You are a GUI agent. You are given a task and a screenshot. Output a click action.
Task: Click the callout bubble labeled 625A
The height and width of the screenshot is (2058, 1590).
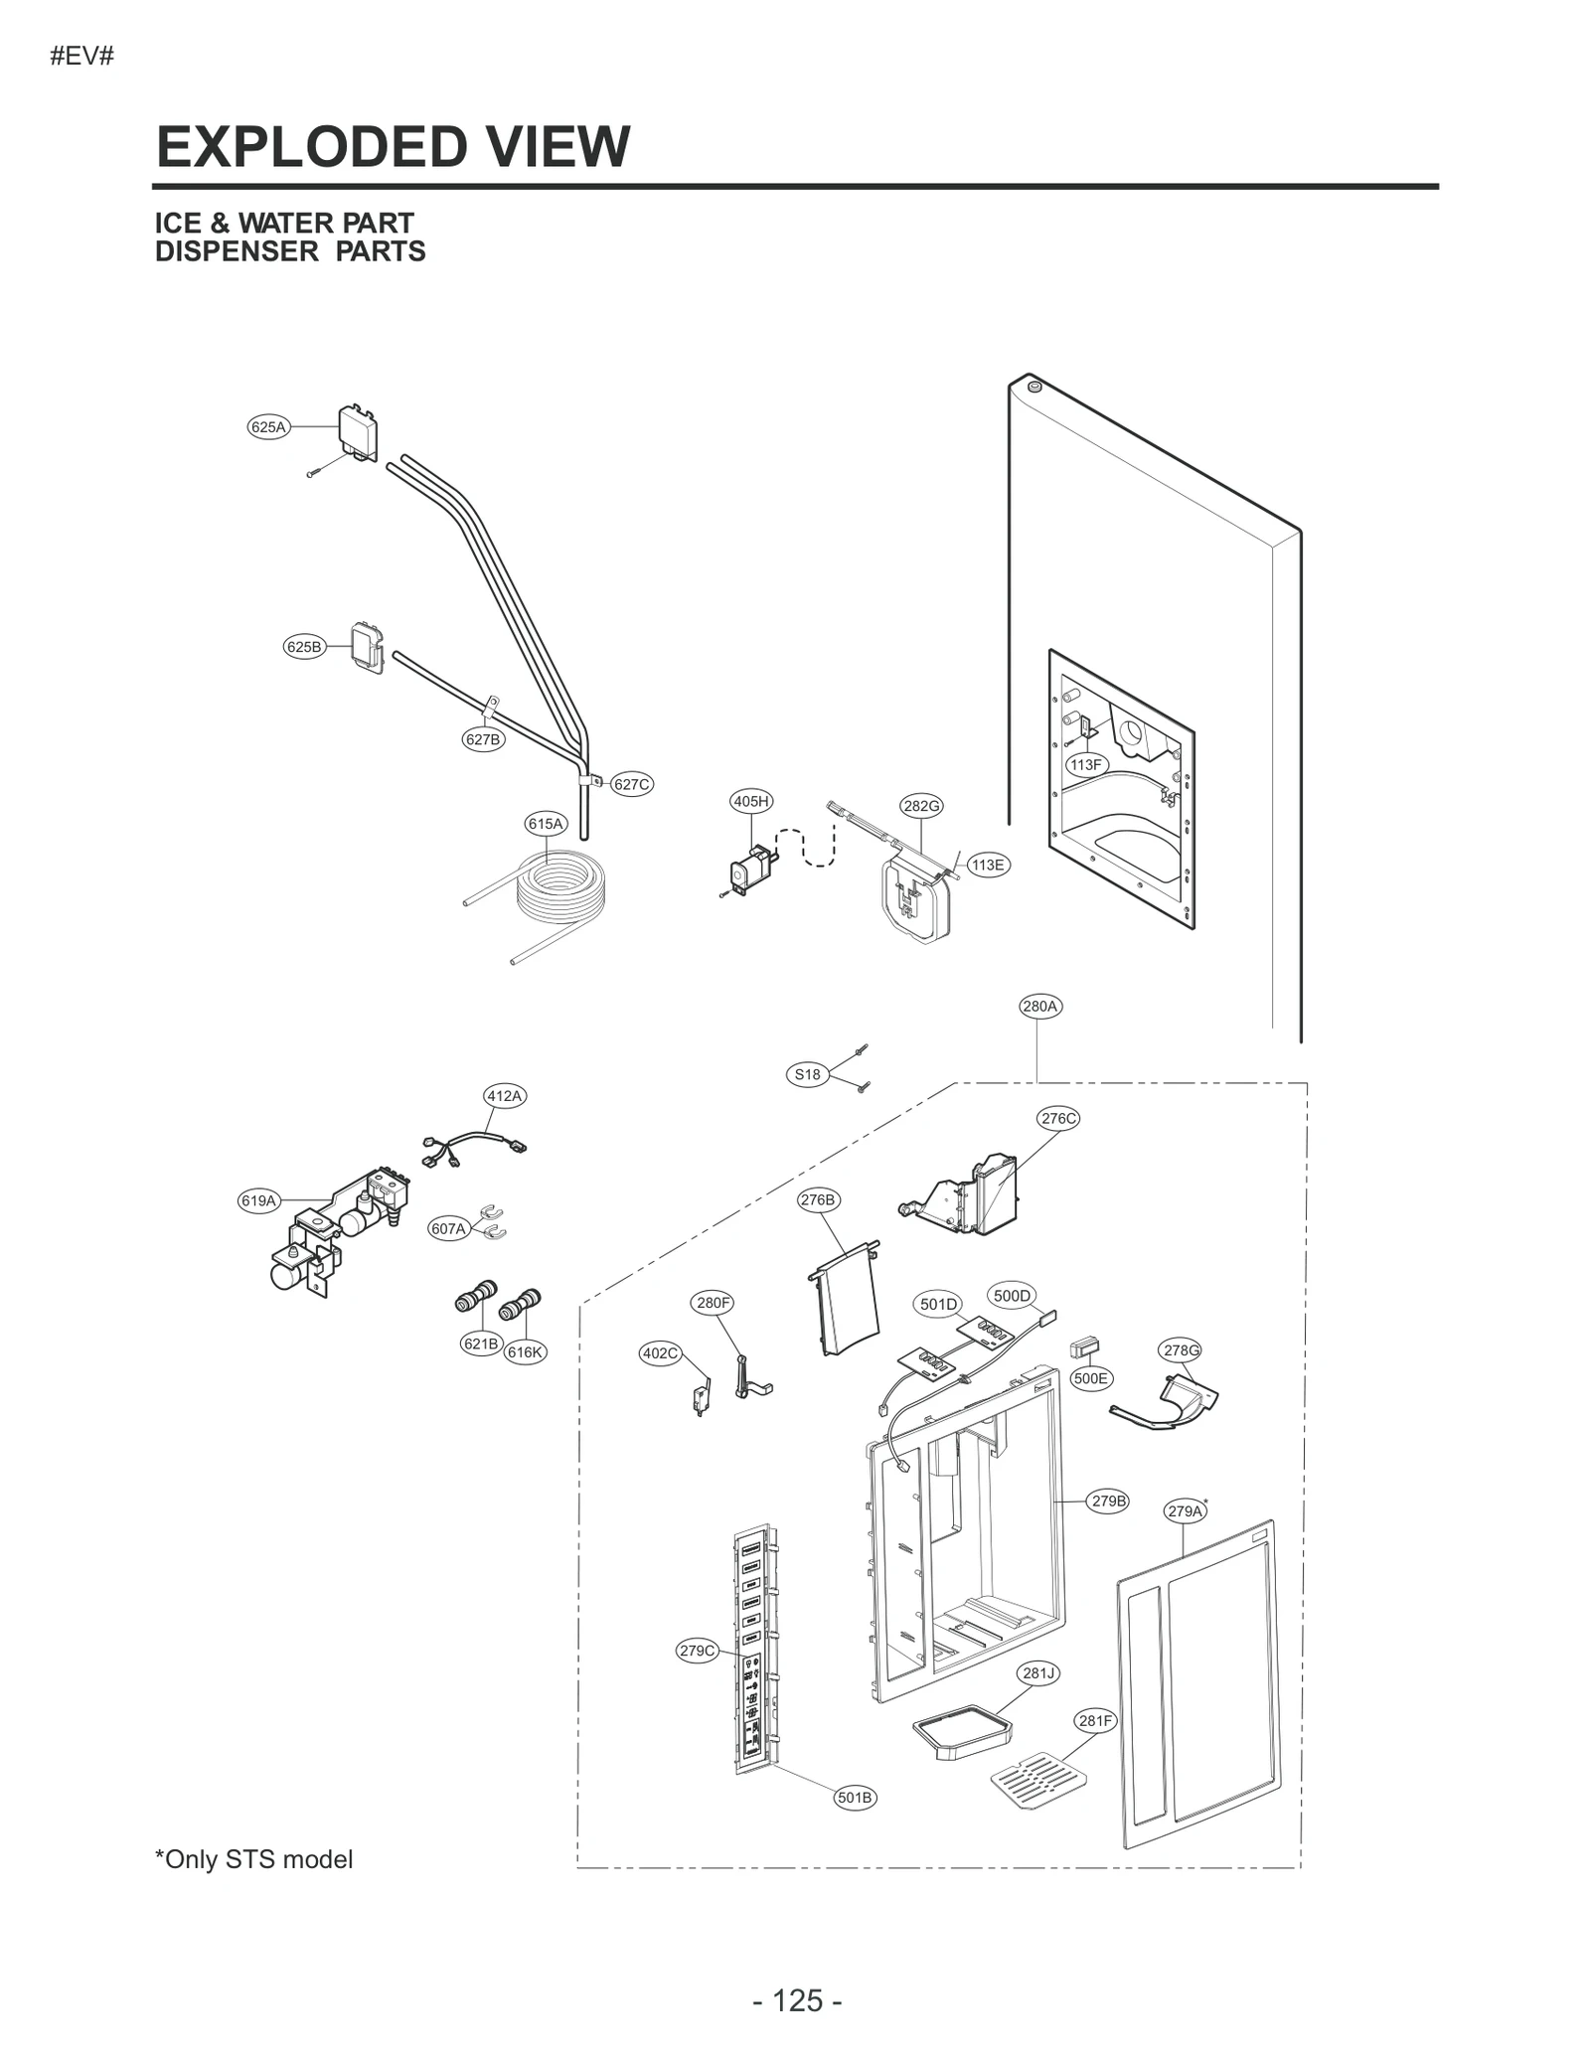pyautogui.click(x=267, y=427)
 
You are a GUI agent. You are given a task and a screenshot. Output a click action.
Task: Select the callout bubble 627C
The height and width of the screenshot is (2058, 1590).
pyautogui.click(x=631, y=784)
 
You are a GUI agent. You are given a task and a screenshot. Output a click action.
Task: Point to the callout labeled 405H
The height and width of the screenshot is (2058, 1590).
pyautogui.click(x=750, y=801)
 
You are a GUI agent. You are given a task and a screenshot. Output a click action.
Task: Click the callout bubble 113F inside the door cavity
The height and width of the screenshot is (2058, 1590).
pyautogui.click(x=1086, y=764)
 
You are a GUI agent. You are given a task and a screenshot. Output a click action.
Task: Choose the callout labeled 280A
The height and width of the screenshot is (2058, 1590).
pyautogui.click(x=1040, y=1006)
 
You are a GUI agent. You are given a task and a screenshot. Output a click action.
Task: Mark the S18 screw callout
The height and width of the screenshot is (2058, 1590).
pyautogui.click(x=808, y=1074)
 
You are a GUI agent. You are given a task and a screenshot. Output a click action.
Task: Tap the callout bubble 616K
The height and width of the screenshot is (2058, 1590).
pyautogui.click(x=525, y=1351)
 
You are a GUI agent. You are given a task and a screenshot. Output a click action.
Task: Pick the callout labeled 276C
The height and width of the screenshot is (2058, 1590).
pyautogui.click(x=1058, y=1118)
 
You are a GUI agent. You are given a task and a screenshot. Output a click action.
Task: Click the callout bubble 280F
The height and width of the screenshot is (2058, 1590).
pyautogui.click(x=713, y=1302)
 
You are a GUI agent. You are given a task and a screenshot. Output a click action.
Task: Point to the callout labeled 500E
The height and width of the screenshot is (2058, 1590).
pyautogui.click(x=1090, y=1378)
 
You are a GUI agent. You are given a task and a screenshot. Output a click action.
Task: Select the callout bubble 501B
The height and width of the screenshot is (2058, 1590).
pyautogui.click(x=855, y=1797)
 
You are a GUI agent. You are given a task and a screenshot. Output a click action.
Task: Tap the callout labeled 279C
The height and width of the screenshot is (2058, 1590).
pyautogui.click(x=697, y=1651)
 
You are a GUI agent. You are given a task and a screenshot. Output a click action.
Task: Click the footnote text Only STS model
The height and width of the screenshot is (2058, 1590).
pyautogui.click(x=254, y=1859)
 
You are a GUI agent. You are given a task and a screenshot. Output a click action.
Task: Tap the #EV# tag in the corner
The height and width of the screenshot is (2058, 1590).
pyautogui.click(x=81, y=57)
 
